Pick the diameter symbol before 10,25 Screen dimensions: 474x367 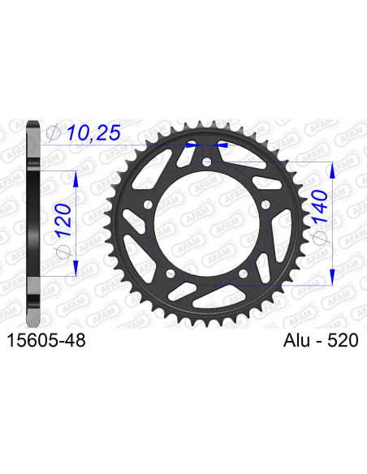click(54, 131)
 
